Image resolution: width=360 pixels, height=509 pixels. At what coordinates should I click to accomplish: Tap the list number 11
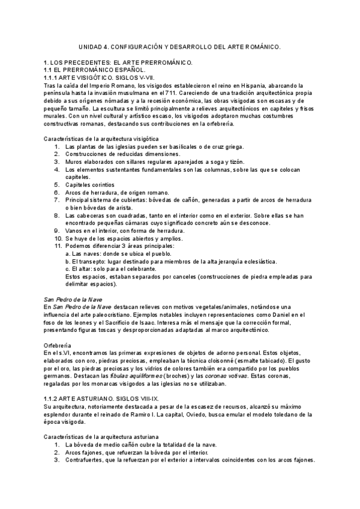58,246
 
